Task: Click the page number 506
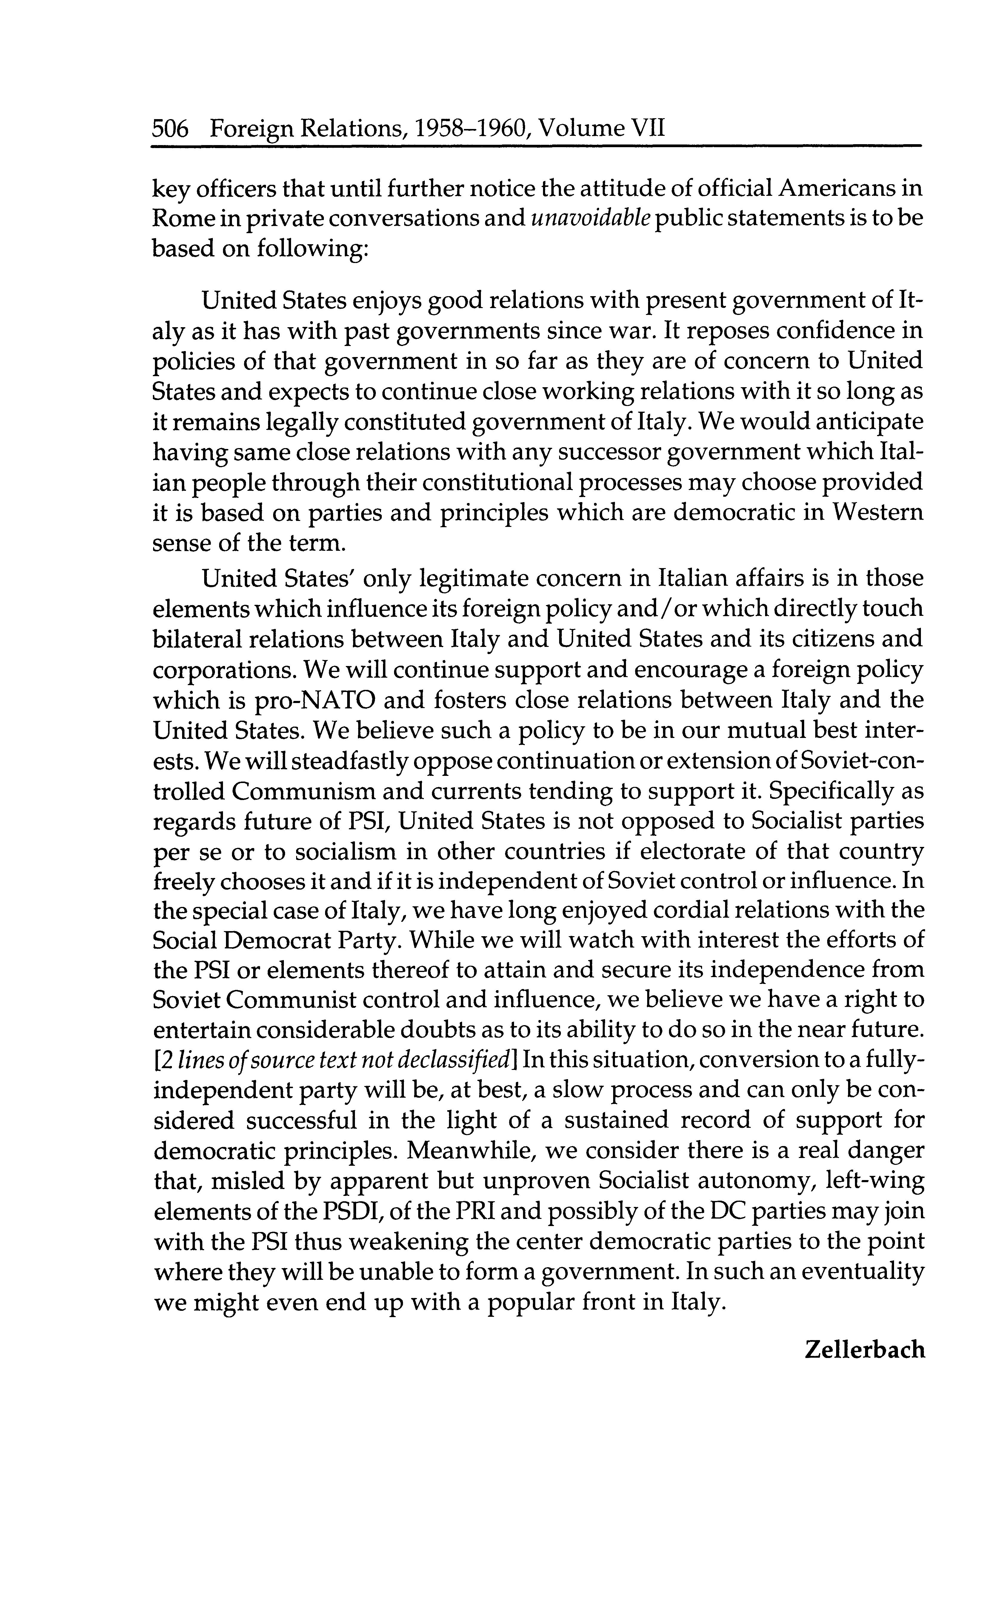click(170, 127)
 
